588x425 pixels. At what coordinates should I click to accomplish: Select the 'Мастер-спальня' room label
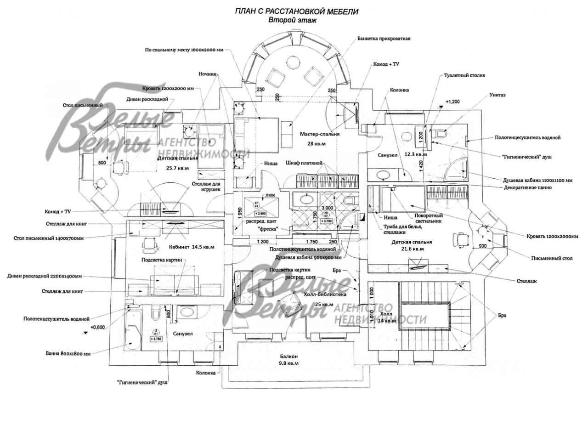click(320, 134)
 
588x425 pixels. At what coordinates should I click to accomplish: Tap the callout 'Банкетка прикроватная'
click(384, 39)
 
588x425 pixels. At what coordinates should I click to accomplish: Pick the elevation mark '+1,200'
click(453, 101)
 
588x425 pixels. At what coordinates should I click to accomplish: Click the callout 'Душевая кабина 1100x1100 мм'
click(537, 180)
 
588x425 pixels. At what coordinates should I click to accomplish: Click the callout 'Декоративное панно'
click(525, 187)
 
